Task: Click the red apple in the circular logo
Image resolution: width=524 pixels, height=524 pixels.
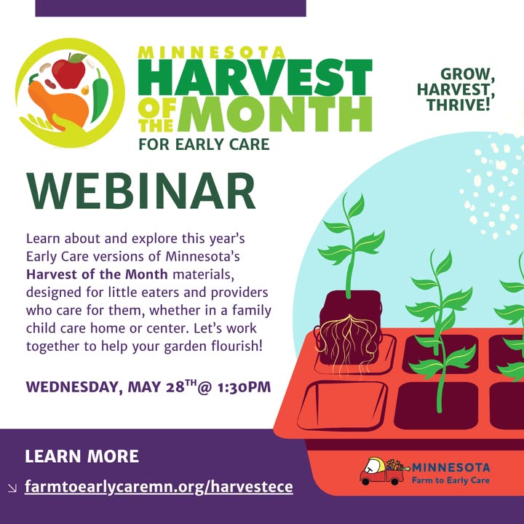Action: tap(68, 71)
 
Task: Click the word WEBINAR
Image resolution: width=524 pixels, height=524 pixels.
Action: tap(141, 191)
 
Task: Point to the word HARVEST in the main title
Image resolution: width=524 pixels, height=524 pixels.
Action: tap(255, 78)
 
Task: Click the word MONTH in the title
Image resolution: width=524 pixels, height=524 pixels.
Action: tap(274, 114)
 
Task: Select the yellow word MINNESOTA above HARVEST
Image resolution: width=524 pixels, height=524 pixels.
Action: tap(211, 52)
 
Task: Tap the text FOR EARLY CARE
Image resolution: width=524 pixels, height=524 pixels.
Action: tap(204, 144)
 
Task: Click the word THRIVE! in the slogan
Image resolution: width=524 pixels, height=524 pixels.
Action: tap(458, 105)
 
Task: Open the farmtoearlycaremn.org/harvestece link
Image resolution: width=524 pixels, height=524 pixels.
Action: tap(159, 487)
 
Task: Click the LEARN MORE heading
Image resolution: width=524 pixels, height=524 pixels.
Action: tap(82, 456)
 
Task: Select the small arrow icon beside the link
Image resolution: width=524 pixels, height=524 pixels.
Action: tap(12, 488)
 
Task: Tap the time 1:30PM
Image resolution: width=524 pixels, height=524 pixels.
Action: tap(244, 387)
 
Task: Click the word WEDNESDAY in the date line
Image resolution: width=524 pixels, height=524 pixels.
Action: tap(72, 387)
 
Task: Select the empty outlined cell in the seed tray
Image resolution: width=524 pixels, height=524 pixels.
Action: tap(342, 405)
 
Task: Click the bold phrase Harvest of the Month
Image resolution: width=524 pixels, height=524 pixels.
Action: tap(97, 274)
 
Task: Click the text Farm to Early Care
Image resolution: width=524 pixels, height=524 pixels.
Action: tap(450, 480)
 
